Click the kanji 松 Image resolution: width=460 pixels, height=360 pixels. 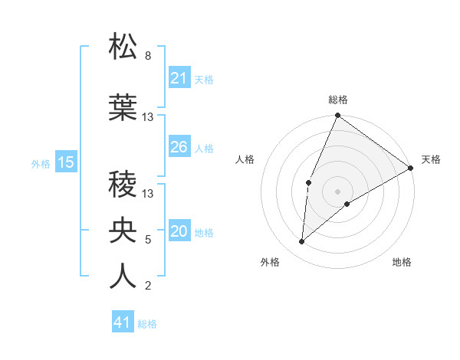point(123,47)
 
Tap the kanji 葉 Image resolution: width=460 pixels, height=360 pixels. point(123,108)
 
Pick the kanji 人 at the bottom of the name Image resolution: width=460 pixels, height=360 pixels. point(123,277)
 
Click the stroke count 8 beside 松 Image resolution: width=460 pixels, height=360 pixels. point(148,56)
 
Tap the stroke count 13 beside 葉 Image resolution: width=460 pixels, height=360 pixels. point(148,117)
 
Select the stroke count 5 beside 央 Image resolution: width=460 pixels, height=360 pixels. point(148,240)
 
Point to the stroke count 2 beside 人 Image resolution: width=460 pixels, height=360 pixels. point(148,286)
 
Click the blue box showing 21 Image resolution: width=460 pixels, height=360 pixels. point(179,78)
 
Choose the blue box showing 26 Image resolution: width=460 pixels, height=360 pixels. point(179,147)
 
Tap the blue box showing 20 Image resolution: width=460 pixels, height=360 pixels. point(179,232)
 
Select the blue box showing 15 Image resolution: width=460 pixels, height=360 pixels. point(66,162)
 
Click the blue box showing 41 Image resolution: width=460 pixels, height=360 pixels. point(123,323)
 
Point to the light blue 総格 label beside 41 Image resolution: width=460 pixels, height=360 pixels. point(147,324)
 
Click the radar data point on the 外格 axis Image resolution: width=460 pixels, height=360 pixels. point(302,242)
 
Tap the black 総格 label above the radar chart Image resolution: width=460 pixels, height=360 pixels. point(338,100)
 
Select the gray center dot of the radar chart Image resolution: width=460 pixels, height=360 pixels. point(337,191)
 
